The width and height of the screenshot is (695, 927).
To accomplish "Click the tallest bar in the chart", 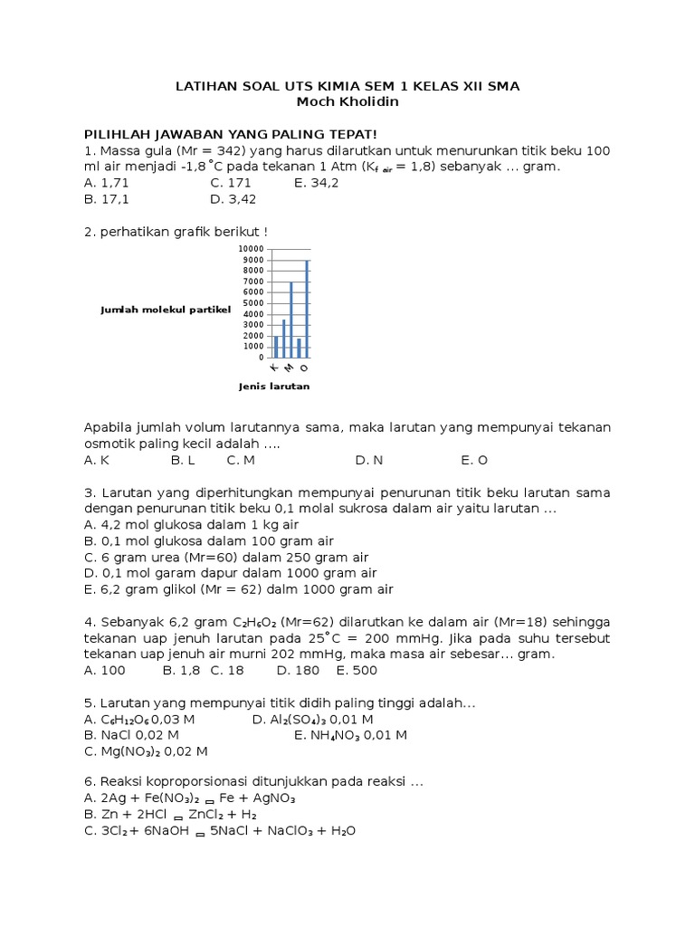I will point(307,309).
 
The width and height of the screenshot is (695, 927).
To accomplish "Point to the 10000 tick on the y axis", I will point(252,249).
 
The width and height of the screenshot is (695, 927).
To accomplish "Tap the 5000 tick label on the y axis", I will point(253,303).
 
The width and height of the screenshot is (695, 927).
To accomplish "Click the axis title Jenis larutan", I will point(274,387).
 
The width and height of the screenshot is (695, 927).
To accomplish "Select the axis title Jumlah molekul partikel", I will point(166,311).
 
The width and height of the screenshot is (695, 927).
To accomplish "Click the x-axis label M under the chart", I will point(289,368).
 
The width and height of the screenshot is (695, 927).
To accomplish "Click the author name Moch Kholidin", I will point(347,101).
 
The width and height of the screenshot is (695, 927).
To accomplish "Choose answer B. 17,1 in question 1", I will point(106,198).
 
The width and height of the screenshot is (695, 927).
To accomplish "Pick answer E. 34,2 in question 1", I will point(316,183).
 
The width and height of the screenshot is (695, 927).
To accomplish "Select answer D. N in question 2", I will point(369,460).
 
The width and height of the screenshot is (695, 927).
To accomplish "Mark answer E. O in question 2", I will point(474,460).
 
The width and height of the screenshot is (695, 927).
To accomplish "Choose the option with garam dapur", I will point(231,573).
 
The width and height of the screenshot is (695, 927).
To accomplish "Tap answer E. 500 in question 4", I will point(357,670).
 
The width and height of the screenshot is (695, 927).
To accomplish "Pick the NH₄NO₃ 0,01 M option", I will point(350,735).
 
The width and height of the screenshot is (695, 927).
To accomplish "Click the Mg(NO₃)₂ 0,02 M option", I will point(146,751).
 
